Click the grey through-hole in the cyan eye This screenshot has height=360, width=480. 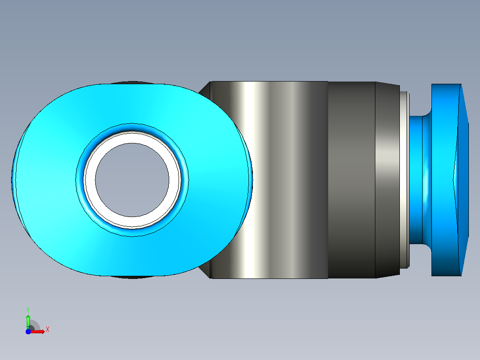click(132, 180)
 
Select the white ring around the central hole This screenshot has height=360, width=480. click(132, 137)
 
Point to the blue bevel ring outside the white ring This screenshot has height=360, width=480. click(132, 127)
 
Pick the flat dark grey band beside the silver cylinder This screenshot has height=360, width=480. click(351, 180)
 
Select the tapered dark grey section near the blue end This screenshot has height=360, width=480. click(387, 180)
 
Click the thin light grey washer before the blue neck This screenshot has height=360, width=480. click(404, 180)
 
